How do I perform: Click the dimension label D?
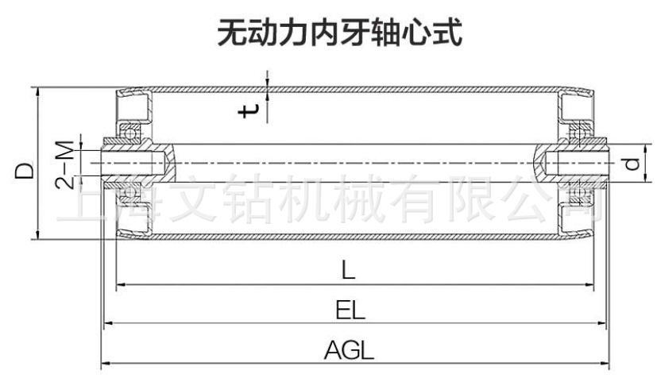(x=23, y=169)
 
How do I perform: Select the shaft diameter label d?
(x=632, y=164)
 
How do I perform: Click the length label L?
(x=349, y=271)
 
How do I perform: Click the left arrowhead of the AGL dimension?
(x=104, y=364)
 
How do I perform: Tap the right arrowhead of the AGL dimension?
(x=600, y=364)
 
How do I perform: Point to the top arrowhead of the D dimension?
(x=37, y=89)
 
